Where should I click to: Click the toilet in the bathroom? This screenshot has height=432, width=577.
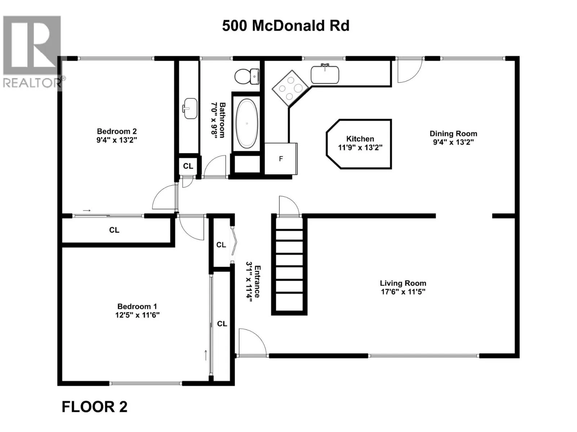pos(247,76)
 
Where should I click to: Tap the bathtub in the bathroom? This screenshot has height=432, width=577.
pos(247,122)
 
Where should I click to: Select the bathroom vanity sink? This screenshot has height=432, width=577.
pos(190,108)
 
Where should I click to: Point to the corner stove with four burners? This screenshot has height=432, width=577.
pos(290,88)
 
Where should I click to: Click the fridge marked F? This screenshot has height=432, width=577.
pos(281,159)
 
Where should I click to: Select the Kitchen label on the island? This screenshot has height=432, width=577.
pos(360,139)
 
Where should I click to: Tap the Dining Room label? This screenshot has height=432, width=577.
pos(453,134)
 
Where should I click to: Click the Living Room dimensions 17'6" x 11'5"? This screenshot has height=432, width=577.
pos(403,292)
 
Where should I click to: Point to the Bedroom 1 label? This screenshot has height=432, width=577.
pos(137,306)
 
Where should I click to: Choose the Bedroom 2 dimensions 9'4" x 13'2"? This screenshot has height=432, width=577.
pos(117,140)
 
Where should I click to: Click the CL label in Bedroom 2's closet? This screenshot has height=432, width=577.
pos(114,230)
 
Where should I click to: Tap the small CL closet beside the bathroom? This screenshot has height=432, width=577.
pos(188,166)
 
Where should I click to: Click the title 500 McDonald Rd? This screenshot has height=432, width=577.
pos(286,26)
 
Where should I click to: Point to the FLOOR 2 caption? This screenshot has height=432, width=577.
pos(94,407)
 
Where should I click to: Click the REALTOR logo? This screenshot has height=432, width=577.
pos(32,51)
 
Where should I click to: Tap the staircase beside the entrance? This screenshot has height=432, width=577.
pos(289,265)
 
